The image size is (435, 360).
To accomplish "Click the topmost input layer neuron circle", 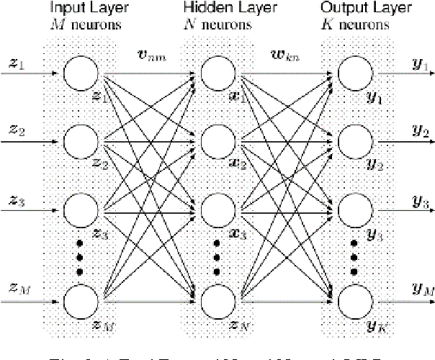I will [x=81, y=73].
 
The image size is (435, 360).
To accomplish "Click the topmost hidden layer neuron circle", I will [x=217, y=73].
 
